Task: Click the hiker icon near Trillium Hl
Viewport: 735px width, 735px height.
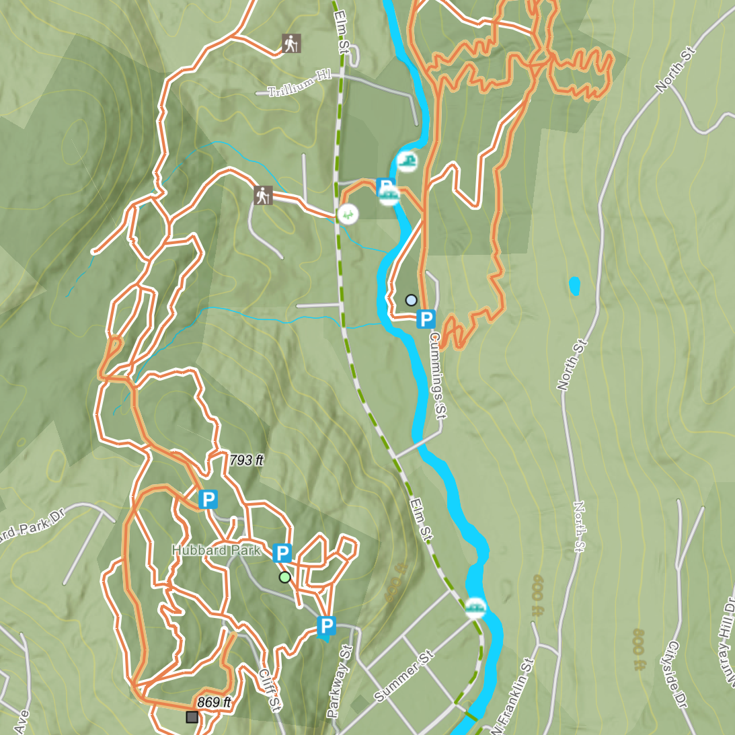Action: [291, 44]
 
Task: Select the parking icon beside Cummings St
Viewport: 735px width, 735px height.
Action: [426, 319]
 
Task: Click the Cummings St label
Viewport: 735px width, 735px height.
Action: [437, 375]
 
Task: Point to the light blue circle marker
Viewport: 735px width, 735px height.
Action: [412, 300]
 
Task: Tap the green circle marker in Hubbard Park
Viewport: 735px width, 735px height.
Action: [284, 577]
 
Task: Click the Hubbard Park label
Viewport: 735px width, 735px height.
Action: [216, 550]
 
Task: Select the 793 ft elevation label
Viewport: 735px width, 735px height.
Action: [246, 460]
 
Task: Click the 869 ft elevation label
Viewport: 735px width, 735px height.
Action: [214, 702]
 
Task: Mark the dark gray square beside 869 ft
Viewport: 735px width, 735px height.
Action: [192, 718]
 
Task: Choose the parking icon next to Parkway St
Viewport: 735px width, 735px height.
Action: [326, 627]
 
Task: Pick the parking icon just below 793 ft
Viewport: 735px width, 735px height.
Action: [208, 500]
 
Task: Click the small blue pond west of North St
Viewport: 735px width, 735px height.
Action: [574, 286]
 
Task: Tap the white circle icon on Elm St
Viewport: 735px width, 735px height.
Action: [348, 215]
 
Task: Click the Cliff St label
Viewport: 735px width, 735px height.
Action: [269, 689]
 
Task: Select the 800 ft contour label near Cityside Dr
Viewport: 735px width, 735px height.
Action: [639, 650]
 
